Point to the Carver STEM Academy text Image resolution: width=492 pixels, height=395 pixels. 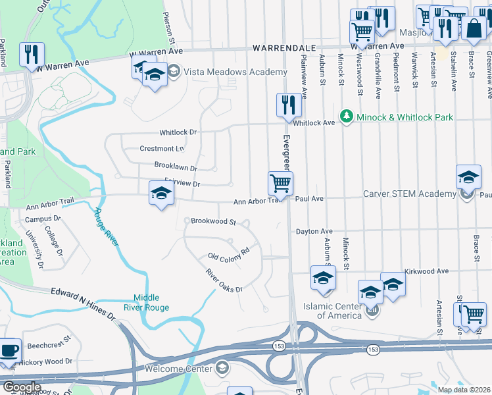pyautogui.click(x=410, y=194)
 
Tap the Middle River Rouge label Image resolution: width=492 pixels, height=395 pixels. pyautogui.click(x=151, y=302)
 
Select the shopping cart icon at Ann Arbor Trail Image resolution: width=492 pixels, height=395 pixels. pyautogui.click(x=280, y=182)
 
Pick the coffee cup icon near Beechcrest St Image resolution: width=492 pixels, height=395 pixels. pyautogui.click(x=9, y=350)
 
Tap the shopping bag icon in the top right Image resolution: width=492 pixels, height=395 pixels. pyautogui.click(x=473, y=28)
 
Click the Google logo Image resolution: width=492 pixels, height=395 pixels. pyautogui.click(x=21, y=387)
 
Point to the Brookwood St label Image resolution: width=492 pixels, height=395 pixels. pyautogui.click(x=213, y=222)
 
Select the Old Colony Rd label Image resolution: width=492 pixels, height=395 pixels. pyautogui.click(x=228, y=253)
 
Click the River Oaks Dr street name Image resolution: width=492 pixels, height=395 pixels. pyautogui.click(x=224, y=281)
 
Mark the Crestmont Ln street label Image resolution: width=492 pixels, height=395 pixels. pyautogui.click(x=162, y=149)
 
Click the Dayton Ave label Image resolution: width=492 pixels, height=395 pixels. pyautogui.click(x=314, y=231)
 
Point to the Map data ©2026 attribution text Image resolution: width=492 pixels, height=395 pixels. pyautogui.click(x=464, y=390)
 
